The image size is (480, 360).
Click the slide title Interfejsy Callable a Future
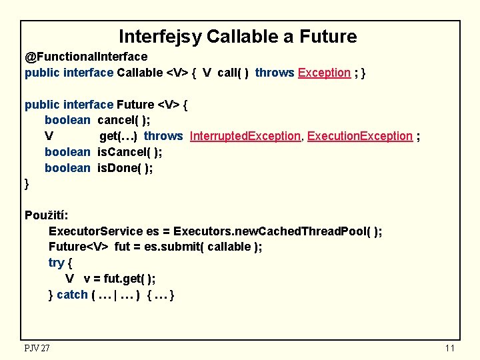[237, 37]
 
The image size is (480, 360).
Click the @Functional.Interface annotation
[86, 57]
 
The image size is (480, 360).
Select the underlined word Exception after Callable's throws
[324, 73]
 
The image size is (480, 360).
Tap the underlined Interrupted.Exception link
[245, 136]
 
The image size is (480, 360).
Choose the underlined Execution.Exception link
[360, 136]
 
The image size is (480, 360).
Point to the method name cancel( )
[123, 120]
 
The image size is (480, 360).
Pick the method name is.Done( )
[125, 168]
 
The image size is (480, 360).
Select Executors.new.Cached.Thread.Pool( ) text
[277, 231]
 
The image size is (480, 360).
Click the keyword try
[56, 263]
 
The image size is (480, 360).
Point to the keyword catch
[72, 294]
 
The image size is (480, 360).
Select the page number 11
[449, 349]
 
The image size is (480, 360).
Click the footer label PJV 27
[37, 348]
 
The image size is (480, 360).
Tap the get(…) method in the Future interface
[118, 136]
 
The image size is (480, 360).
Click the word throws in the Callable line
[274, 73]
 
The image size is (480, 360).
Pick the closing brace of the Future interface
[27, 183]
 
